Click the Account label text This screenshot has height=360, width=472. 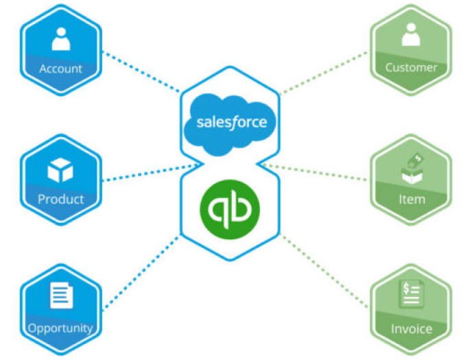tap(60, 69)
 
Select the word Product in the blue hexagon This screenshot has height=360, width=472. tap(60, 200)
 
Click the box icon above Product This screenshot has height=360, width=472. tap(60, 170)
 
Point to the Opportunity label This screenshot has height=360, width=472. tap(60, 328)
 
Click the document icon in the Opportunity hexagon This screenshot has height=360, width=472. tap(60, 296)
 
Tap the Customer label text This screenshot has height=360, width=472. tap(411, 67)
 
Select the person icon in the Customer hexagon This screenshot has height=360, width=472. tap(411, 36)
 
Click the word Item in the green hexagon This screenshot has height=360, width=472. tap(412, 200)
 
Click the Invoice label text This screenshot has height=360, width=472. tap(411, 328)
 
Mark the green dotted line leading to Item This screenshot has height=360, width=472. tap(316, 172)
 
